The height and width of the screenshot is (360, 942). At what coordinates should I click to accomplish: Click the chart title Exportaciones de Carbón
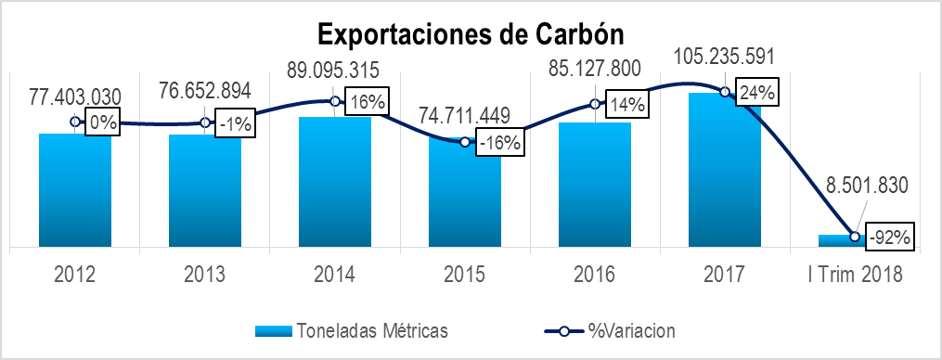click(471, 33)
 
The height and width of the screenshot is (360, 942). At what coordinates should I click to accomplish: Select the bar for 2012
click(75, 190)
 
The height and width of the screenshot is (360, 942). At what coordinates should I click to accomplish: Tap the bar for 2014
click(335, 182)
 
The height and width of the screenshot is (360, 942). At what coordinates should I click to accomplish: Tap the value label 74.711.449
click(463, 115)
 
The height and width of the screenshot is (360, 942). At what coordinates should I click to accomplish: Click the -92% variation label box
click(890, 236)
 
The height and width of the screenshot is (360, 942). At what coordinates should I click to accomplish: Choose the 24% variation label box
click(757, 93)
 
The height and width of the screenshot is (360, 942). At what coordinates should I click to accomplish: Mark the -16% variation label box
click(500, 144)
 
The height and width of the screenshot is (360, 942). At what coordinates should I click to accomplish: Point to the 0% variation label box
click(102, 122)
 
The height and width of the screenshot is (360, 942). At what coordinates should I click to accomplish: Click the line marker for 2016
click(595, 104)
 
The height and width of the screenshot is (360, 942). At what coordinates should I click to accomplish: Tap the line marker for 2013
click(205, 123)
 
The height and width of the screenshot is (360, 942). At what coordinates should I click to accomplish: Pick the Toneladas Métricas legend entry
click(353, 329)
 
